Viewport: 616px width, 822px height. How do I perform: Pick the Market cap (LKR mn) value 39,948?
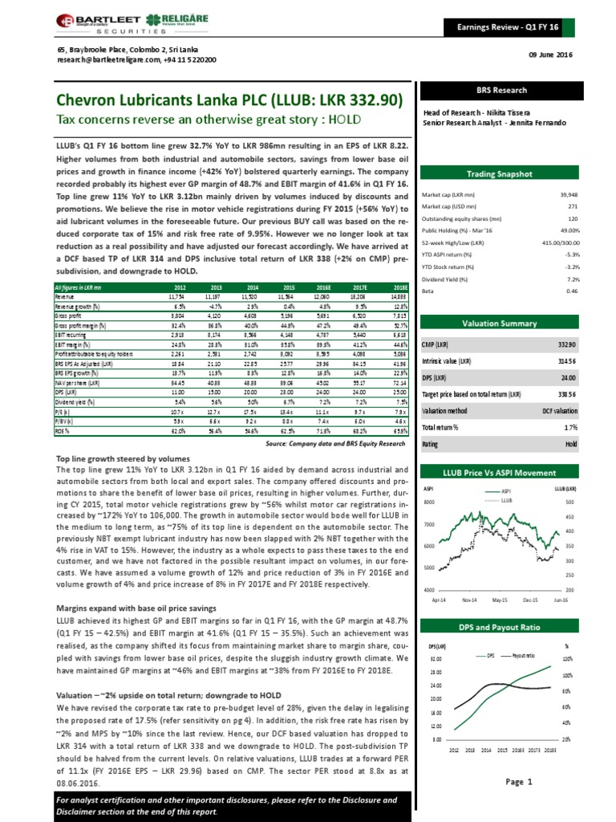545,194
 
